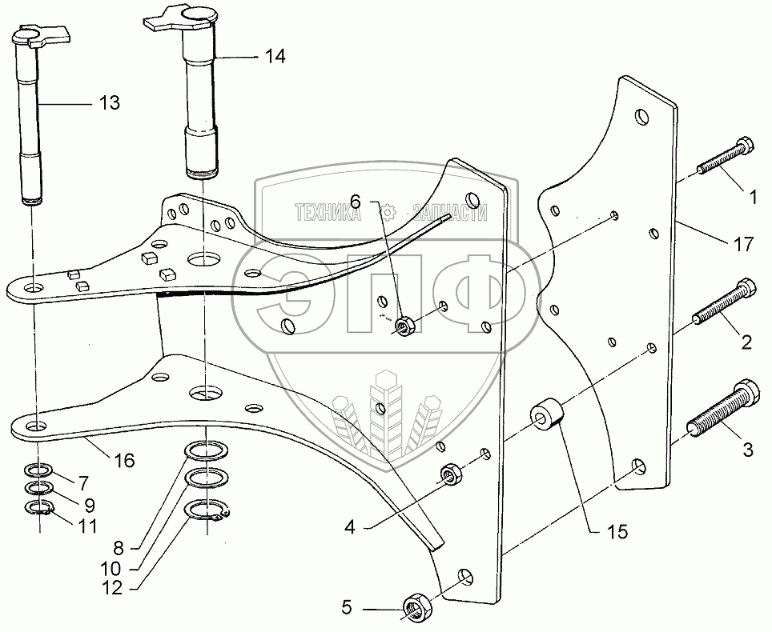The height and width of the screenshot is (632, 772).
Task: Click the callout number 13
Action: pos(109,102)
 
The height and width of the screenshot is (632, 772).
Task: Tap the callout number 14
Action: pos(275,56)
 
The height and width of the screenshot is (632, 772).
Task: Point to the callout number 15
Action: pos(618,531)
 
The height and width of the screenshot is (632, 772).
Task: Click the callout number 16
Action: pos(124,460)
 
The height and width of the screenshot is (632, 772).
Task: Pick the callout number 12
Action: pos(112,587)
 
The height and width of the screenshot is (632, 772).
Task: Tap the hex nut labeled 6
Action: pos(405,326)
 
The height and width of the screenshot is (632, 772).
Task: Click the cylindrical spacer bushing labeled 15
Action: pos(546,412)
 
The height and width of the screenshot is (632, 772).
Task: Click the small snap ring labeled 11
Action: pos(37,507)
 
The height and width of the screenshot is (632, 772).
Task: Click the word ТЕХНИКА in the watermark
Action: pos(328,213)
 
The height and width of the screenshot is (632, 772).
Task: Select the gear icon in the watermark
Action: pos(389,213)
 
